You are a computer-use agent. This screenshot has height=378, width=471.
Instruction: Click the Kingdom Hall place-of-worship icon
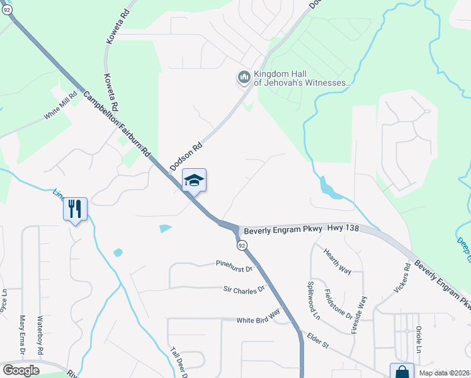[244, 77]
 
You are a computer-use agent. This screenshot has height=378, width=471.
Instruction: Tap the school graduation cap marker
[194, 181]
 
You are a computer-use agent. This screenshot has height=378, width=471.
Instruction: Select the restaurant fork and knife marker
[75, 209]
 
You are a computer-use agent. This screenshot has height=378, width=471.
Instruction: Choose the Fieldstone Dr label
[338, 302]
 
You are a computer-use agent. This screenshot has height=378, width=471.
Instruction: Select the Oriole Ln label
[418, 340]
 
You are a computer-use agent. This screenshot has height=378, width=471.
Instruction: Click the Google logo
[21, 370]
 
